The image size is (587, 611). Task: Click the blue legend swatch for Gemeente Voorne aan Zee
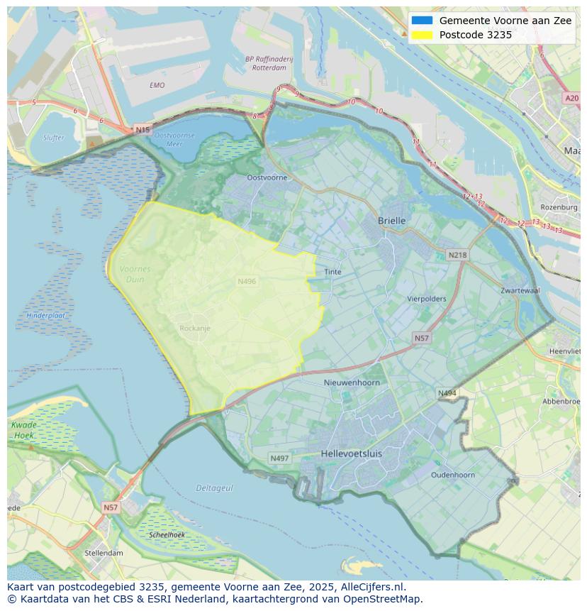coord(422,21)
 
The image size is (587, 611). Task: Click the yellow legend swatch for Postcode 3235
coord(422,35)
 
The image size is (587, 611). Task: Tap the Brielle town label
coord(391,221)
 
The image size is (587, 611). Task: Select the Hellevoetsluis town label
coord(351,453)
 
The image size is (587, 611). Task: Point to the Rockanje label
coord(195,329)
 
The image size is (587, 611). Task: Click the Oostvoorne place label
coord(267,177)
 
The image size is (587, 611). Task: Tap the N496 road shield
coord(247,282)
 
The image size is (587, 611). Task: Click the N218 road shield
coord(457,255)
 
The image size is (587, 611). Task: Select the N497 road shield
coord(280,458)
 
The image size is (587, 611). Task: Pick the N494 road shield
coord(447,393)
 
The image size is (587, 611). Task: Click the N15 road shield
coord(142,130)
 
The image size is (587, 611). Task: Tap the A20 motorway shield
coord(571,99)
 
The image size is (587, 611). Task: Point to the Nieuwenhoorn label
coord(352,382)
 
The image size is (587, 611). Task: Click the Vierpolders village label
coord(427,299)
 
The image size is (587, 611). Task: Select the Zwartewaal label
coord(520,291)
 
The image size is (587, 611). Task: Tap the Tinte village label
coord(332,272)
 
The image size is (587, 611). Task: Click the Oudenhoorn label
coord(453,475)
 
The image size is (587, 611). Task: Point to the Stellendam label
coord(104,553)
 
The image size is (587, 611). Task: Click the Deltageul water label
coord(214,488)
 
